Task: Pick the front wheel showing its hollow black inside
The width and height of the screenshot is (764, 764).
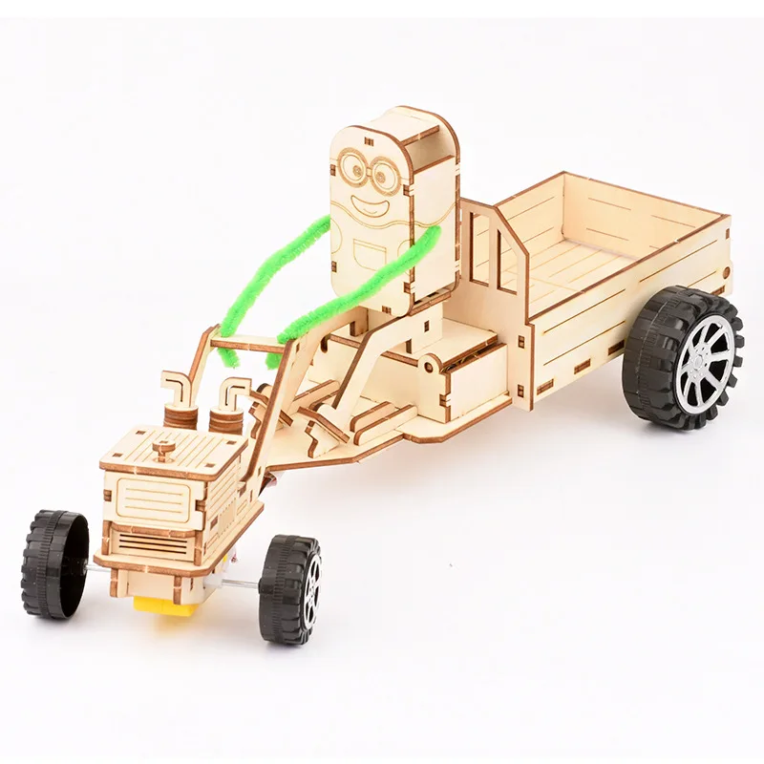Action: [x=55, y=563]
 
